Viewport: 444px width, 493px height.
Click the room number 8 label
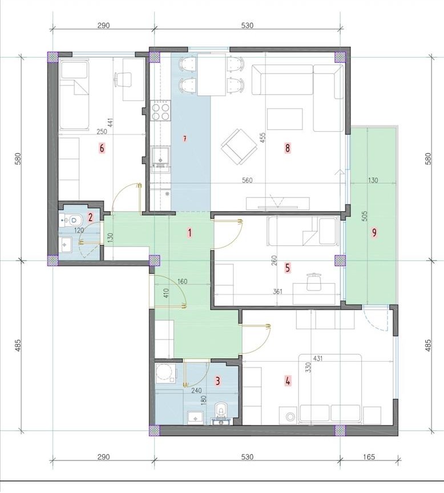(x=288, y=148)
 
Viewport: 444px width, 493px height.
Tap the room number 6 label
(x=101, y=148)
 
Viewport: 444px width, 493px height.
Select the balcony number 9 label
(x=374, y=233)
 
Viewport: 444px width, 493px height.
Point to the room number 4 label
(x=288, y=381)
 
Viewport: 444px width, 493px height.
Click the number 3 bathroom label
(x=217, y=381)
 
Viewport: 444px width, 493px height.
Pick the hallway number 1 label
(x=189, y=233)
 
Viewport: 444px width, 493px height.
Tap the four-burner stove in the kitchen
(x=160, y=111)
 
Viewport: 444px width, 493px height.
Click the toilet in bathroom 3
(x=221, y=413)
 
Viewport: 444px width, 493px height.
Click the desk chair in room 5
(x=314, y=282)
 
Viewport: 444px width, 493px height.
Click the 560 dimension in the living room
(x=247, y=180)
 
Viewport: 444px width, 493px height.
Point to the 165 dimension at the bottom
(x=371, y=456)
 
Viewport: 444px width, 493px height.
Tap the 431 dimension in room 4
(x=318, y=358)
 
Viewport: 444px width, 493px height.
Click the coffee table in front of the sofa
(x=285, y=119)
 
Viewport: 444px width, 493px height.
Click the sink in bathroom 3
(x=196, y=418)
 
